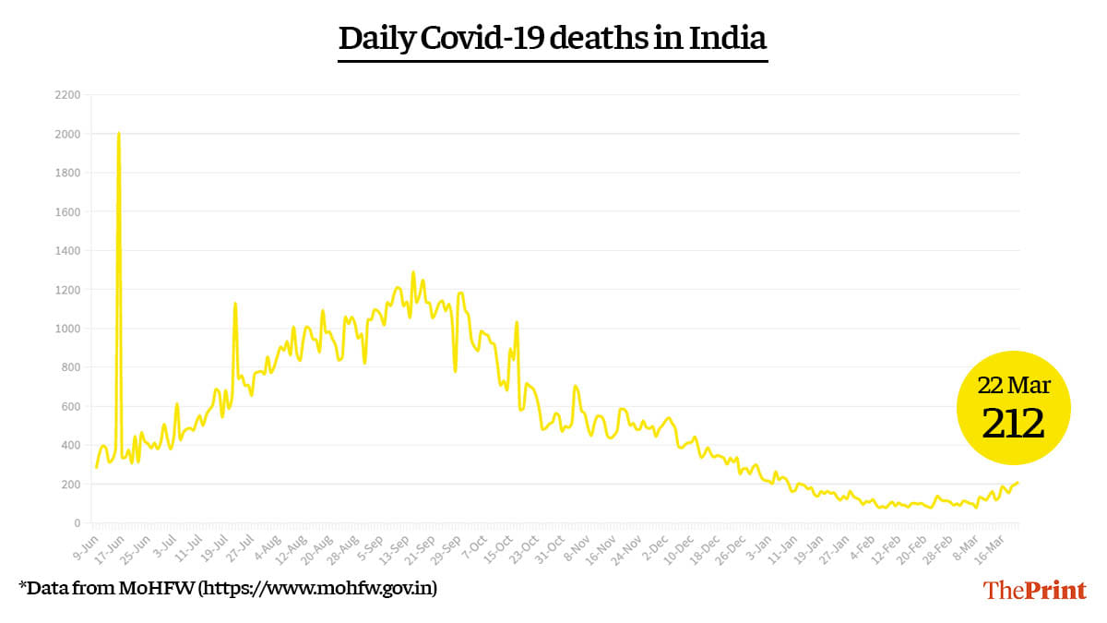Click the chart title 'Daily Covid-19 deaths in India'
(x=553, y=39)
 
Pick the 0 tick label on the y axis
(x=77, y=523)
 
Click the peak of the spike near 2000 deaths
(x=119, y=134)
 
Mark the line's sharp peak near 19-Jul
(x=235, y=304)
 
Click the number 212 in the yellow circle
(x=1013, y=424)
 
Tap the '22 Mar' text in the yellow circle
(x=1013, y=385)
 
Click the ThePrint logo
(x=1034, y=591)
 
